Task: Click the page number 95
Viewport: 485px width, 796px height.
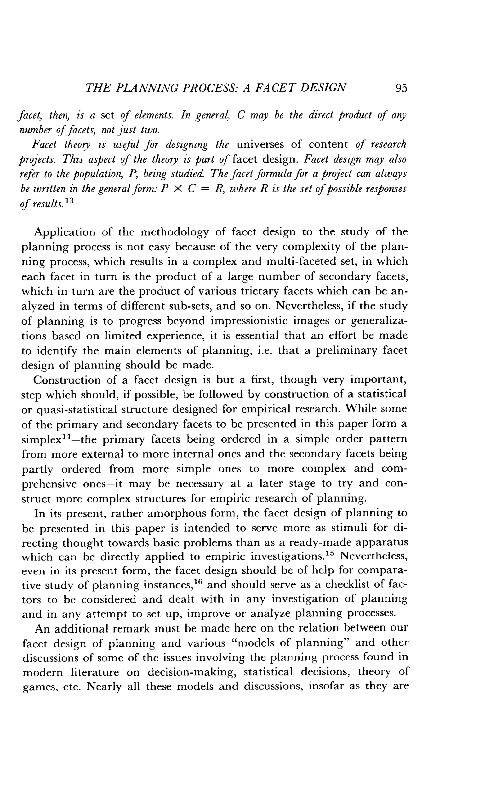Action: click(x=401, y=88)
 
